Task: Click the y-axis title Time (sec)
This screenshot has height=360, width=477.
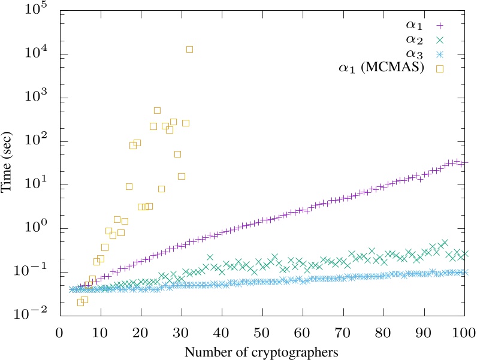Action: tap(8, 163)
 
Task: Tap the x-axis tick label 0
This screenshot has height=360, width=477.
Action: tap(59, 332)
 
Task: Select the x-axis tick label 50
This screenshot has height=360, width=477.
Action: tap(261, 332)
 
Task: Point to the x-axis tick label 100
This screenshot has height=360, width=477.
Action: tap(464, 332)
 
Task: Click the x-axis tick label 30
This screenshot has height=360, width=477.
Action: tap(181, 332)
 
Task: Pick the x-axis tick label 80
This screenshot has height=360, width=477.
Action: tap(383, 332)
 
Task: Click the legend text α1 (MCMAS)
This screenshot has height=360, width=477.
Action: tap(381, 69)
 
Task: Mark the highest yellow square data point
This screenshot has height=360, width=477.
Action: tap(189, 49)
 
